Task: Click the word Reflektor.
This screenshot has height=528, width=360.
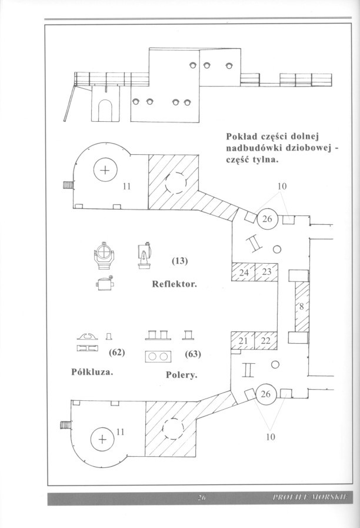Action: tap(174, 284)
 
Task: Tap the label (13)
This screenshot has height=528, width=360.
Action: tap(179, 261)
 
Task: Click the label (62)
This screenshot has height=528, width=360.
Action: tap(118, 353)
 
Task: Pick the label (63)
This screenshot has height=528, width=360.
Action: tap(193, 354)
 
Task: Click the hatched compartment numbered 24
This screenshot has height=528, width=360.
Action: tap(244, 273)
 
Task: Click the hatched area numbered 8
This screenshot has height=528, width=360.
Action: tap(301, 306)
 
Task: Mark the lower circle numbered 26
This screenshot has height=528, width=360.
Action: tap(265, 394)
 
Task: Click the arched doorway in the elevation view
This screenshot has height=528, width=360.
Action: tap(105, 109)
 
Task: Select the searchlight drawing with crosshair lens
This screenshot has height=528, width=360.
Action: tap(104, 255)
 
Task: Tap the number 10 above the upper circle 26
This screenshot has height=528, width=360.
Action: tap(282, 187)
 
